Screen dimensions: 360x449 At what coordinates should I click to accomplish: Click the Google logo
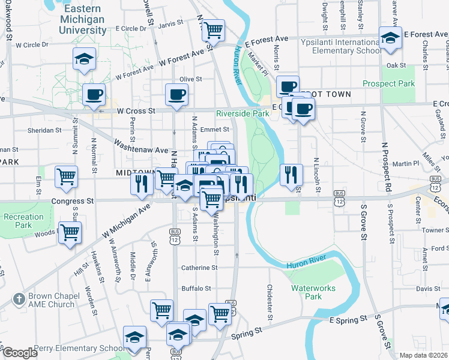pyautogui.click(x=20, y=353)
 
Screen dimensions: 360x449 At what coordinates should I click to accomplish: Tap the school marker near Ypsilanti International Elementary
pyautogui.click(x=390, y=38)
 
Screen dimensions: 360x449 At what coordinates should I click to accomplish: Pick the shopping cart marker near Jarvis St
pyautogui.click(x=213, y=29)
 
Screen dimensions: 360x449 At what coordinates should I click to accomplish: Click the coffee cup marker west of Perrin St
pyautogui.click(x=94, y=94)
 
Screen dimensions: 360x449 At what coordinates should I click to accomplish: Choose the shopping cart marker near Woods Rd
pyautogui.click(x=70, y=232)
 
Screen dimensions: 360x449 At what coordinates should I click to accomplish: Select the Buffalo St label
pyautogui.click(x=196, y=288)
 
